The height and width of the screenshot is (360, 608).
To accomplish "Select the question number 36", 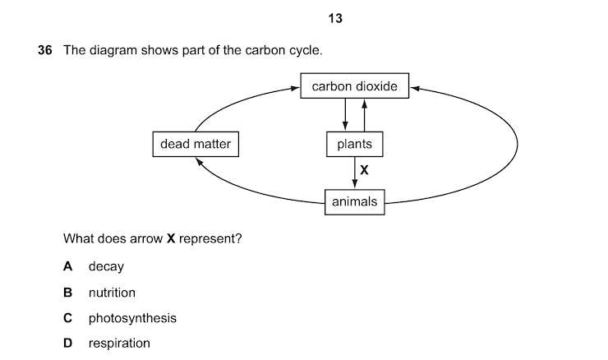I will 45,51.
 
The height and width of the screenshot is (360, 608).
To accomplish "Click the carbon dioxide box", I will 354,86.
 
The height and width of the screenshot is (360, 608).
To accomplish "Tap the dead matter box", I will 196,145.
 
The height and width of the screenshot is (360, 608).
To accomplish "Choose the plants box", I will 354,145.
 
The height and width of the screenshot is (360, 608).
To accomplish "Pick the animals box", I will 354,201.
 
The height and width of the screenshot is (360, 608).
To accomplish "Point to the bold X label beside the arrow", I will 365,171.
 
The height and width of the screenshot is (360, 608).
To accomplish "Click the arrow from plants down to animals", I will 354,173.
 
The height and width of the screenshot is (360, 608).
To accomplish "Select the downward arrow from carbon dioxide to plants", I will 345,114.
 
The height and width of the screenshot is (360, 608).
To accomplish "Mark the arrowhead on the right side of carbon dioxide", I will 414,86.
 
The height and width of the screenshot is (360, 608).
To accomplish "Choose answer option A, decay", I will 106,266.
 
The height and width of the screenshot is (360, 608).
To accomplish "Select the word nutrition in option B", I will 112,293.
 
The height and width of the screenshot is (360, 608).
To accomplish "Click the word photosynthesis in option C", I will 132,318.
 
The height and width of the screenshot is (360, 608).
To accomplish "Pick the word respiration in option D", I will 119,344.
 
